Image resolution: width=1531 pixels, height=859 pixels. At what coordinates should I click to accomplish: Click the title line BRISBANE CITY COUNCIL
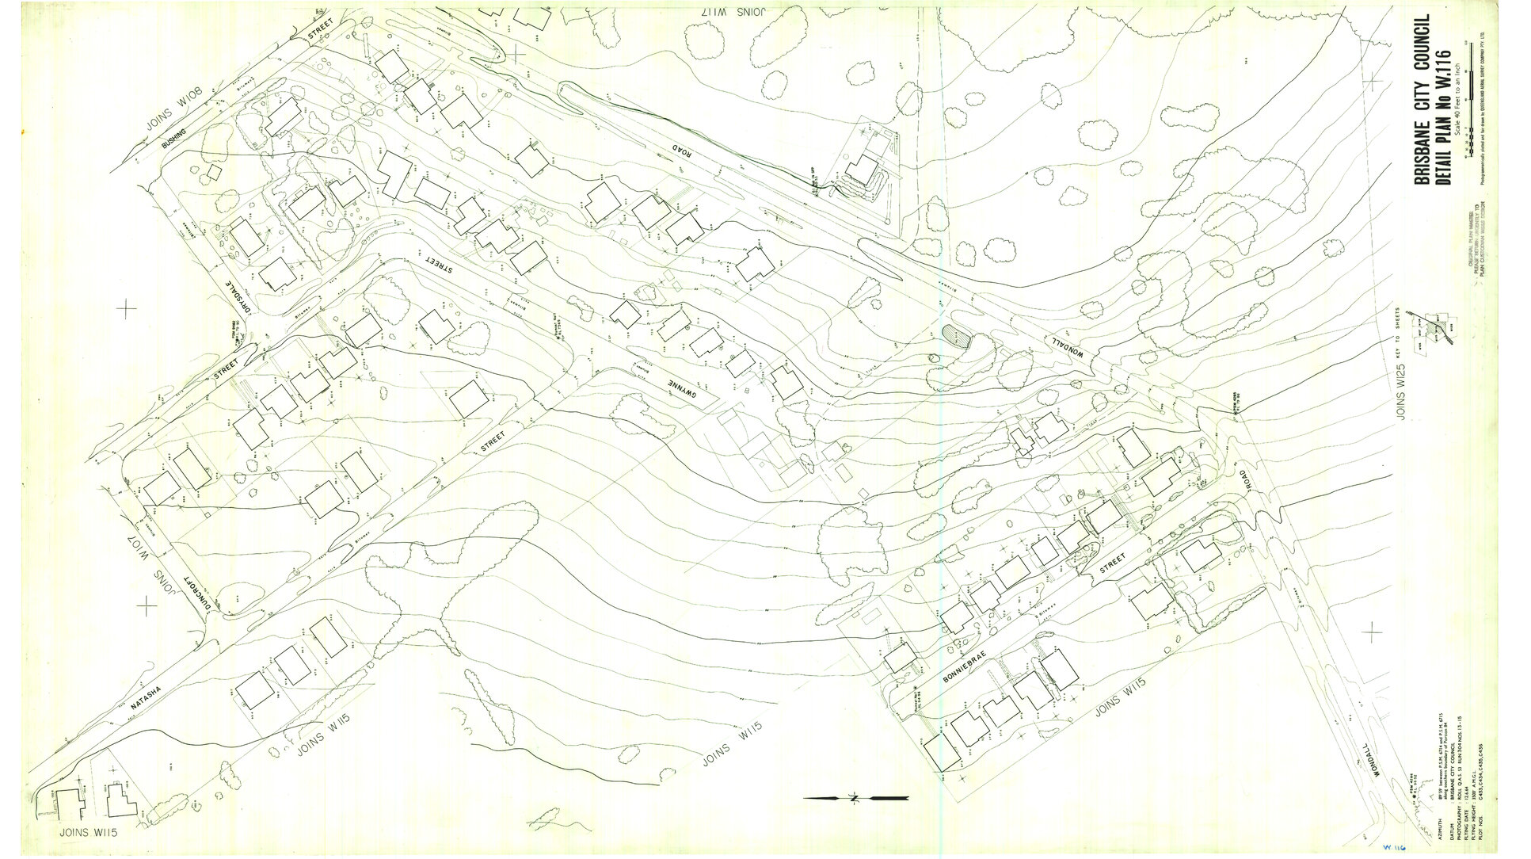pos(1422,99)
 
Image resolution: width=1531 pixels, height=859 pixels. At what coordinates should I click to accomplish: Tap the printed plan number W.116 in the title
pos(1442,76)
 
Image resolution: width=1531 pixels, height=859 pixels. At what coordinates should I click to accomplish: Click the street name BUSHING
pos(174,139)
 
